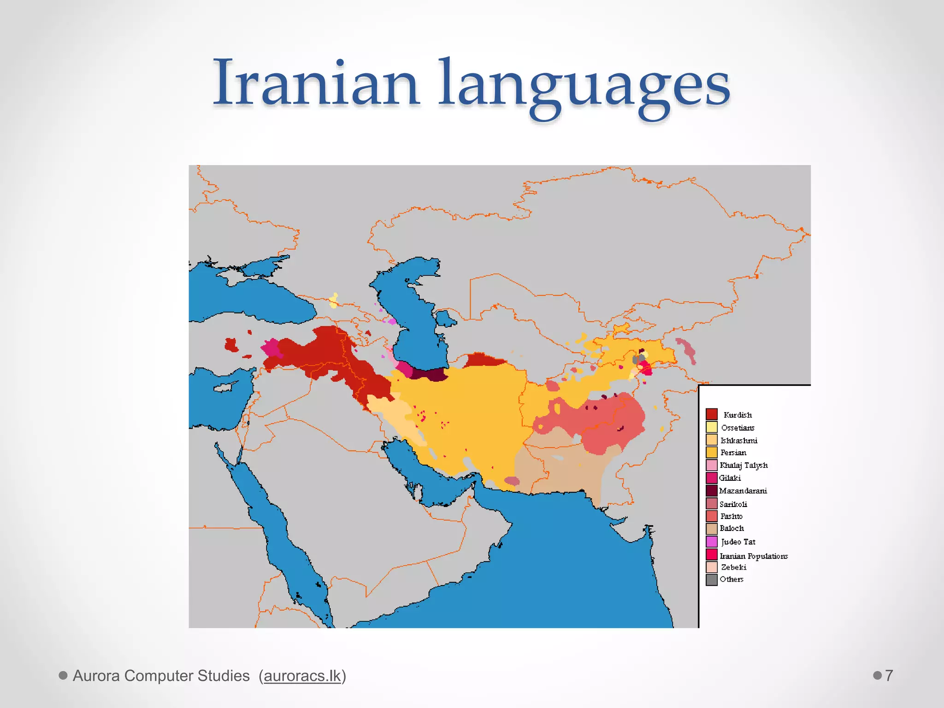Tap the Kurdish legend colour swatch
coord(711,414)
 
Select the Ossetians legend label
coord(737,428)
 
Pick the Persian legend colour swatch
coord(711,452)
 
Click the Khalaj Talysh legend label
coord(743,465)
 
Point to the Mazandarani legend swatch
coord(711,490)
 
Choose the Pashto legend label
coord(731,516)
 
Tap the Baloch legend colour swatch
coord(711,529)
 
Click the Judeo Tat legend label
coord(738,542)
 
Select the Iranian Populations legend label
coord(754,556)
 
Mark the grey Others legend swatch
coord(711,579)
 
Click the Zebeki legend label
coord(733,567)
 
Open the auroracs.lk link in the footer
coord(302,676)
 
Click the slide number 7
coord(889,676)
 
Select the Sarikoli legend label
coord(733,504)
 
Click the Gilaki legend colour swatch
coord(711,478)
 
